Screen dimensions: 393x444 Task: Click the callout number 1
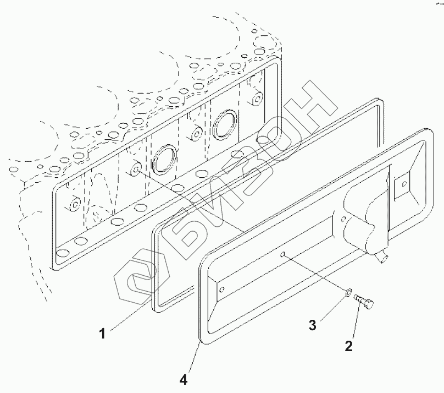[x=102, y=332]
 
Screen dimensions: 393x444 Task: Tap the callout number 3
[x=312, y=325]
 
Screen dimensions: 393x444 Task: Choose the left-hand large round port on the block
[x=164, y=160]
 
